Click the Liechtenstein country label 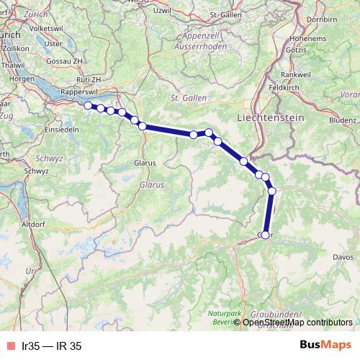(271, 117)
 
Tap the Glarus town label (145, 163)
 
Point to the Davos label (344, 256)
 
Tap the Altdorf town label (34, 225)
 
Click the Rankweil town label (295, 74)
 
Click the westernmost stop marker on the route (88, 106)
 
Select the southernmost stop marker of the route (265, 235)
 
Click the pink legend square (11, 346)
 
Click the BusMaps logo (325, 346)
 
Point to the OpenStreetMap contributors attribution (297, 323)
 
